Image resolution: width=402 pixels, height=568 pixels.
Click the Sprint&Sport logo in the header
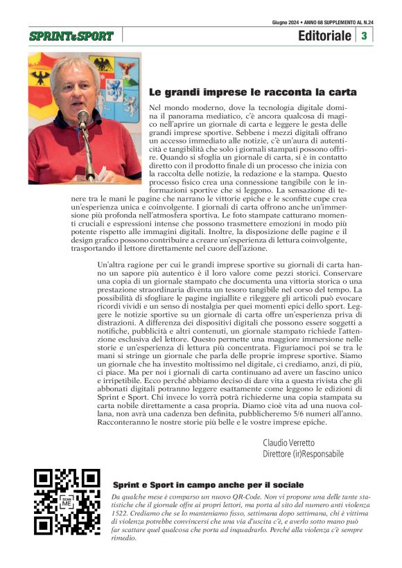pos(72,35)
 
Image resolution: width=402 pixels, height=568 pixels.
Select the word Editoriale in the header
pos(324,36)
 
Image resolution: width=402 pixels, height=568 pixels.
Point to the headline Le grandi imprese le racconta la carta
pos(253,91)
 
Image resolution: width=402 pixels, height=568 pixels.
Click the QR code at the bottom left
pos(67,502)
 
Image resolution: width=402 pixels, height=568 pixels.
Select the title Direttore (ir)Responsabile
pos(304,454)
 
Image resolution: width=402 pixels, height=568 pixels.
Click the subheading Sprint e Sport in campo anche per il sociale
pos(208,485)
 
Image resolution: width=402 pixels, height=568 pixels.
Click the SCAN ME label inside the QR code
pos(67,503)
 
